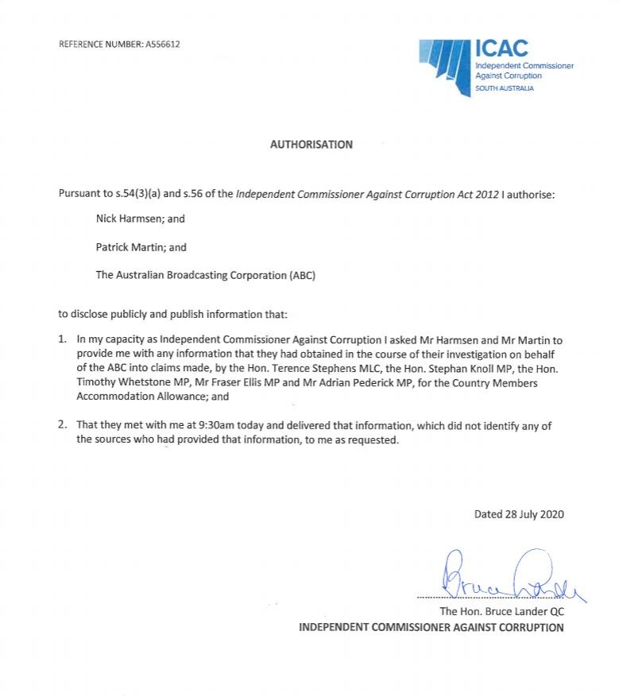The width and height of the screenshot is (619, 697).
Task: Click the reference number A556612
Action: point(162,44)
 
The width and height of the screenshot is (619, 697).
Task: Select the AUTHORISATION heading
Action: point(311,145)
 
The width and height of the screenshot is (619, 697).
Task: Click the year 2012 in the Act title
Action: point(486,194)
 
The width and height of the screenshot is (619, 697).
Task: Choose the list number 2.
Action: point(63,425)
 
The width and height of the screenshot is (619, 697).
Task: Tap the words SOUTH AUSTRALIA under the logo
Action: point(504,88)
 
